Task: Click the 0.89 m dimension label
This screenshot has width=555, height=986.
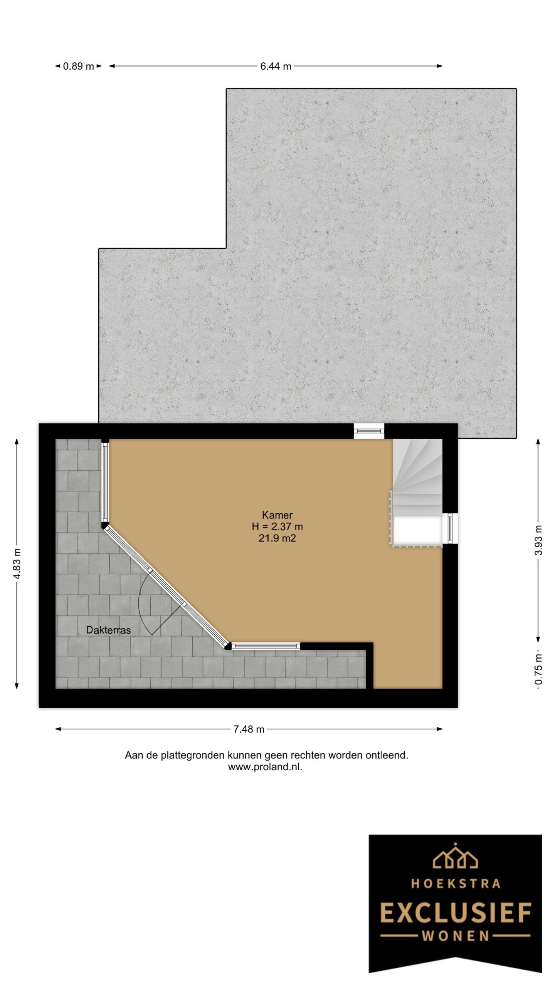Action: (x=78, y=66)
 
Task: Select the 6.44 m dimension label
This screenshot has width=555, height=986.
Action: (x=275, y=66)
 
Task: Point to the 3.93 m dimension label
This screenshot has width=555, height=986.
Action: (x=539, y=540)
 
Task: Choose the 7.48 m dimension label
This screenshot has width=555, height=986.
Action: (x=249, y=729)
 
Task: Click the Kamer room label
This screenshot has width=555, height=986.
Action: (x=277, y=515)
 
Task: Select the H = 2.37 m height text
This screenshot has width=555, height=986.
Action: (x=277, y=527)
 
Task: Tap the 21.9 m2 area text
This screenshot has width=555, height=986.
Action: (x=277, y=538)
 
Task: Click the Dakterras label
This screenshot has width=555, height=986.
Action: (x=108, y=630)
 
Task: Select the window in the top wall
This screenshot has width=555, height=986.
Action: (x=369, y=431)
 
